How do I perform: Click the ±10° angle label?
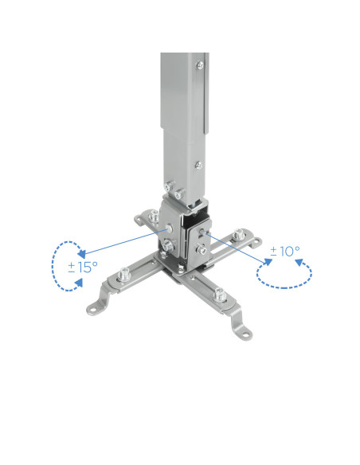coord(284,252)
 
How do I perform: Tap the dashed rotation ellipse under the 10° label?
coord(284,273)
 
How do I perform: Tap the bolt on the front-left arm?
coord(123,276)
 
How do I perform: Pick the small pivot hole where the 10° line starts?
coord(209,236)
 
